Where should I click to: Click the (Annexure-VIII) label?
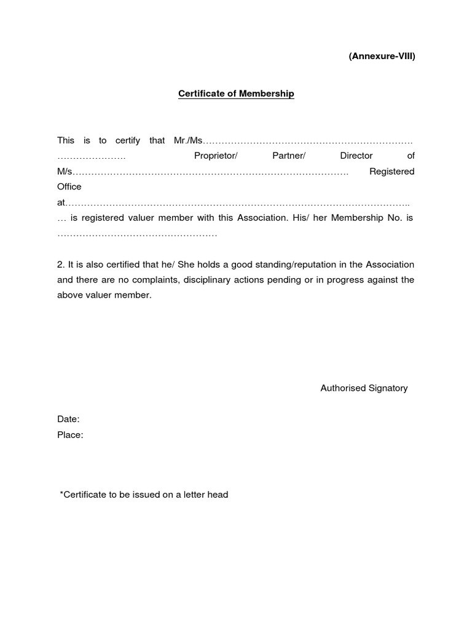click(382, 56)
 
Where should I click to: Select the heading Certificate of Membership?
click(236, 94)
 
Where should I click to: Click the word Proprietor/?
click(215, 156)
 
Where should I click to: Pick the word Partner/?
click(288, 156)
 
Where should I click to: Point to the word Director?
click(356, 156)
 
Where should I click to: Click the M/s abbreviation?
click(65, 171)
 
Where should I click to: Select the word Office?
click(69, 186)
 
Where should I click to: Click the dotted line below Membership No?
click(137, 234)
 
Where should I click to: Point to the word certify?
click(128, 140)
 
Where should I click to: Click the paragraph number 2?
click(61, 265)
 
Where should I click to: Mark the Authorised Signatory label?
click(364, 388)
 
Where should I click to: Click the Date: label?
click(68, 419)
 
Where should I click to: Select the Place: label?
click(70, 435)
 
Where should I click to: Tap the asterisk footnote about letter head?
click(144, 495)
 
